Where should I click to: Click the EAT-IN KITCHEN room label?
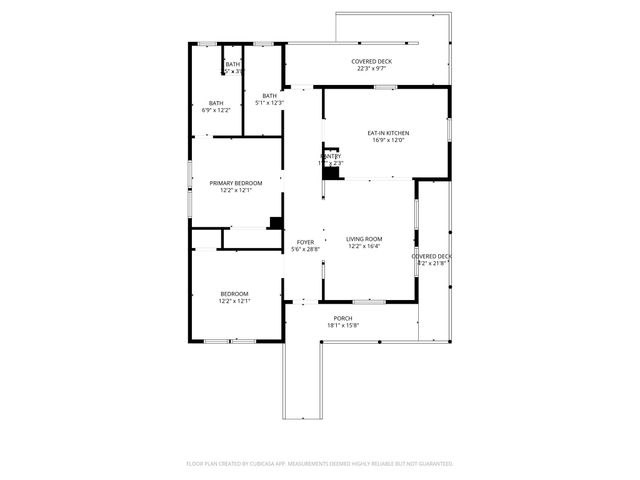pos(388,133)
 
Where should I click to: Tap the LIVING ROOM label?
pos(364,239)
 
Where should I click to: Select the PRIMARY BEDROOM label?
pos(235,183)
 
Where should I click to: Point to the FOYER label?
pos(305,242)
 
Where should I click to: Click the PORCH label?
pos(342,318)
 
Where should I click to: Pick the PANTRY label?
pos(332,156)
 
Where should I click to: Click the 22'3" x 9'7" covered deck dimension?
pos(371,69)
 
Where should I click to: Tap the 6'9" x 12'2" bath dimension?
pos(216,110)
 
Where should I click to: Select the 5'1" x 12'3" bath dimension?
pos(270,103)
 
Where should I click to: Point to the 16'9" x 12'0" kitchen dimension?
pos(388,140)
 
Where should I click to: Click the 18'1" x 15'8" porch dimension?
pos(342,325)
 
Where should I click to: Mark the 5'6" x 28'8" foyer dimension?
pos(305,249)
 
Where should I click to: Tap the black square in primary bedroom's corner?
pos(276,223)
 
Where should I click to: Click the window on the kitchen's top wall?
pos(386,88)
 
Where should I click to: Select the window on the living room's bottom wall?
pos(368,301)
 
